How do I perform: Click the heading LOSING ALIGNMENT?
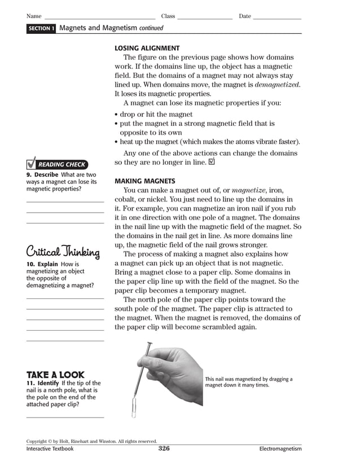point(147,49)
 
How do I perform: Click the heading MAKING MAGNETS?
point(145,181)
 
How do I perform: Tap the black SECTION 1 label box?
point(41,28)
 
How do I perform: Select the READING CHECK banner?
point(61,165)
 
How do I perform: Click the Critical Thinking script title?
point(63,252)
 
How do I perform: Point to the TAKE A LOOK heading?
point(55,375)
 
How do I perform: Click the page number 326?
point(164,449)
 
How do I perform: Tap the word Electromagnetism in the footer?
point(280,449)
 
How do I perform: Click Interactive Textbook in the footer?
point(50,449)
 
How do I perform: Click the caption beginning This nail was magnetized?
point(249,382)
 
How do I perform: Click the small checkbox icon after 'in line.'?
point(212,161)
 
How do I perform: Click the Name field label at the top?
point(34,16)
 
